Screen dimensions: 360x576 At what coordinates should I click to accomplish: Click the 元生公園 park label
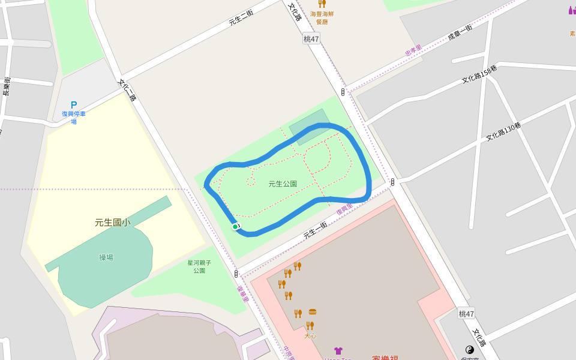coord(283,184)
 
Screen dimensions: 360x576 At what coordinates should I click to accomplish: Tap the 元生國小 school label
coord(112,223)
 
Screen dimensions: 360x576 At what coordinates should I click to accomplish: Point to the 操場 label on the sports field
coord(106,258)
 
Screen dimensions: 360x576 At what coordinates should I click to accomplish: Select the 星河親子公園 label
coord(199,267)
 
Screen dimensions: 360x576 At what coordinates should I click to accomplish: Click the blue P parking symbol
coord(74,105)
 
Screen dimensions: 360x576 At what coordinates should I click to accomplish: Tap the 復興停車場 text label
coord(74,118)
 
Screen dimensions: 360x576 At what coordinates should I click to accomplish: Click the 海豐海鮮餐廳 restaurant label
coord(322,17)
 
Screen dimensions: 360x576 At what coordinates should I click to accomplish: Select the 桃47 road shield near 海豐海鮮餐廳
coord(311,38)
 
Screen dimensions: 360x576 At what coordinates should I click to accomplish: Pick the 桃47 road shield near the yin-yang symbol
coord(466,313)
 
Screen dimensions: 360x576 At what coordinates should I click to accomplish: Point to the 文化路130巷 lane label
coord(503,131)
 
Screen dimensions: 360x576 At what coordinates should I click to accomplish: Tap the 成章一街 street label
coord(460,32)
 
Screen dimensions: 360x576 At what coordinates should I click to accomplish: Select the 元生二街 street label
coord(241,17)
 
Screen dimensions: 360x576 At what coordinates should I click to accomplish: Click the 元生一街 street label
coord(315,230)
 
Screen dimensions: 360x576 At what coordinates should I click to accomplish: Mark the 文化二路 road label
coord(127,90)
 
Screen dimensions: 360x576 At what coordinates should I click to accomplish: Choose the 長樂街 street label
coord(7,86)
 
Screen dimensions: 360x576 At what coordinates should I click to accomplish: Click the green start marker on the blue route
coord(235,226)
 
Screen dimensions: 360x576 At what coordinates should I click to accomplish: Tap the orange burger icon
coord(313,312)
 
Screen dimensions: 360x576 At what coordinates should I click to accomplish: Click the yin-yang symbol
coord(470,349)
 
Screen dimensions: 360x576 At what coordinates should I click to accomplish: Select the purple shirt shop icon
coord(338,350)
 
